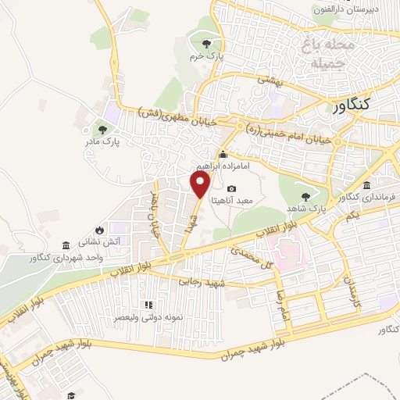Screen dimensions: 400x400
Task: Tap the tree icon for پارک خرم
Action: pyautogui.click(x=206, y=44)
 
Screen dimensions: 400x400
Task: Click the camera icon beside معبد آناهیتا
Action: pyautogui.click(x=232, y=189)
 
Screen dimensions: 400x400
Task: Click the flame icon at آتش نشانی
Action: pyautogui.click(x=100, y=229)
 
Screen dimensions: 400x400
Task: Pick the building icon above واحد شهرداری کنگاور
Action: pyautogui.click(x=64, y=245)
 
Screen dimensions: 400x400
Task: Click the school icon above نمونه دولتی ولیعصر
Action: pyautogui.click(x=147, y=304)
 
